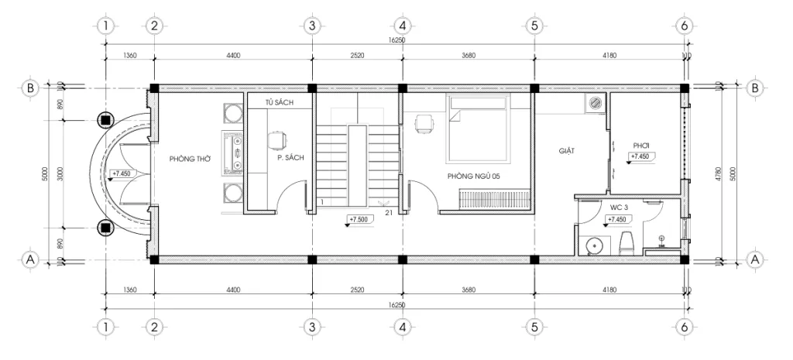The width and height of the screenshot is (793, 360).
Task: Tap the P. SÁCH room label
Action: [x=290, y=158]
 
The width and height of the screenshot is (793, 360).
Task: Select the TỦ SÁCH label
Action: [x=277, y=101]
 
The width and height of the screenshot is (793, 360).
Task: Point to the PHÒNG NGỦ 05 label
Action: [x=474, y=177]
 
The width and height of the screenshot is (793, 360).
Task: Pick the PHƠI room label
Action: [x=640, y=145]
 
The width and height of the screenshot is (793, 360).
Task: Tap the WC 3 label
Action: [x=619, y=207]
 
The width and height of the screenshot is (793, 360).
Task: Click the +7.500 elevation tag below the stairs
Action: [x=359, y=219]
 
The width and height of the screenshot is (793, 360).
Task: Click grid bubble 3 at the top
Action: [x=311, y=26]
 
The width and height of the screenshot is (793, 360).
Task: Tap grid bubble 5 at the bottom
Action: [x=534, y=327]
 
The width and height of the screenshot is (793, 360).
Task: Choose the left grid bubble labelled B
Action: [x=30, y=88]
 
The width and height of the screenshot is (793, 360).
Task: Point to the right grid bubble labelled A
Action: [x=754, y=259]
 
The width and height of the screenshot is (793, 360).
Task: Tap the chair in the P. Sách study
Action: [x=276, y=139]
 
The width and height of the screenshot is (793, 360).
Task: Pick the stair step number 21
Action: [x=387, y=211]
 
